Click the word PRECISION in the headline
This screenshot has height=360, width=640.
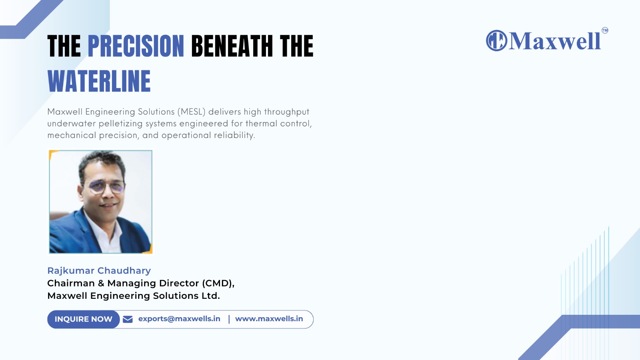click(x=136, y=46)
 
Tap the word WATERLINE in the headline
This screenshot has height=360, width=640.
click(x=99, y=82)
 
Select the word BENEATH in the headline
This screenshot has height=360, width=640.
click(x=232, y=46)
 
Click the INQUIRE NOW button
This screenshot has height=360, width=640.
click(x=84, y=319)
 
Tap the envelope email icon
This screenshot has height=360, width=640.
click(x=128, y=319)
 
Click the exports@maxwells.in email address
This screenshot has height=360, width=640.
click(x=179, y=319)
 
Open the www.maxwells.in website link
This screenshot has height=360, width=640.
click(x=269, y=318)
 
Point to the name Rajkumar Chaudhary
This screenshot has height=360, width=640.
click(x=99, y=270)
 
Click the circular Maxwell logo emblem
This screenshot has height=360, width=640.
click(x=496, y=40)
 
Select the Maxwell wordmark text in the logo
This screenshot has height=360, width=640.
click(x=554, y=41)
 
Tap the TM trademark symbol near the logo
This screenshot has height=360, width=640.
click(x=605, y=30)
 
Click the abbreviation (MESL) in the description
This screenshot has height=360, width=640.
click(x=192, y=112)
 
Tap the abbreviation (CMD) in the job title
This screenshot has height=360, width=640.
click(x=218, y=283)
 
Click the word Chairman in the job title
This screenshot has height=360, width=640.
click(x=71, y=283)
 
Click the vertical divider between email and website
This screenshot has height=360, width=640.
click(x=229, y=319)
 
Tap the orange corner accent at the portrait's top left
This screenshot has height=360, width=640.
click(x=52, y=154)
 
